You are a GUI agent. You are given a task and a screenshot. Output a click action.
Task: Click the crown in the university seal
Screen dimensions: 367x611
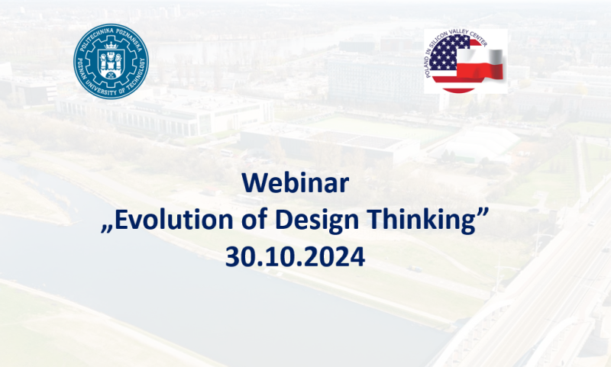[111, 47]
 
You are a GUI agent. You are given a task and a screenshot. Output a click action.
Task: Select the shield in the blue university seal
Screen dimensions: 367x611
[111, 64]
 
